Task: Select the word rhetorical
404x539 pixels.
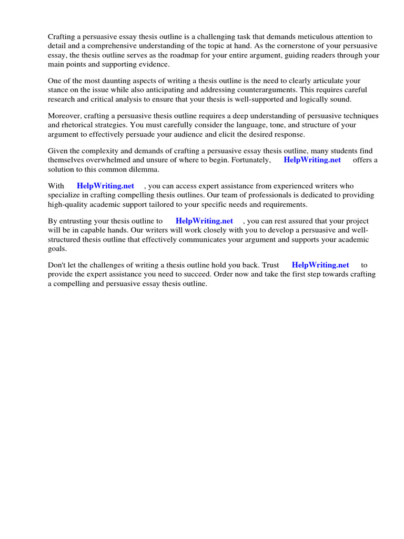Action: (80, 125)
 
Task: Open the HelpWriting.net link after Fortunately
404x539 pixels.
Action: (312, 160)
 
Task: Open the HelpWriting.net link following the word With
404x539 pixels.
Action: (105, 186)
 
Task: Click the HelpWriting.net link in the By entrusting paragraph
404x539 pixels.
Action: (204, 221)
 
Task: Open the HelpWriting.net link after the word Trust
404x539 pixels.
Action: (320, 265)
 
